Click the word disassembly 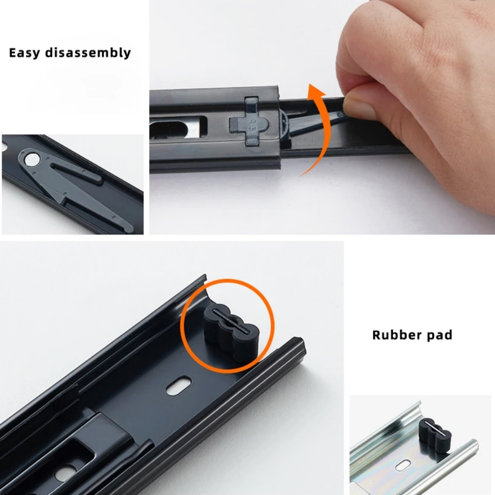88,52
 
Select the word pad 440,335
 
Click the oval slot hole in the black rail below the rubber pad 179,385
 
